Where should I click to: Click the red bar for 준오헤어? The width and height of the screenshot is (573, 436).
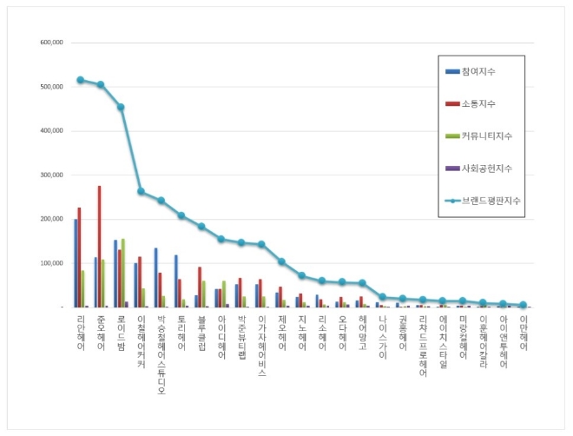coord(99,247)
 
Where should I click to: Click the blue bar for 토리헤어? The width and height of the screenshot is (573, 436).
coord(175,281)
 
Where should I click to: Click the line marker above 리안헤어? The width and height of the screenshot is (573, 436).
coord(80,80)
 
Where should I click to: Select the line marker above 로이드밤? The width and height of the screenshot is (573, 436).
coord(121,107)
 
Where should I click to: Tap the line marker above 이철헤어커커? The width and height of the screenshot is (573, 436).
coord(141,191)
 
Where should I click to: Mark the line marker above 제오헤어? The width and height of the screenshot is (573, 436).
coord(281,261)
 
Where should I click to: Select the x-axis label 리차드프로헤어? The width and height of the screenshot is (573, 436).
coord(423,346)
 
